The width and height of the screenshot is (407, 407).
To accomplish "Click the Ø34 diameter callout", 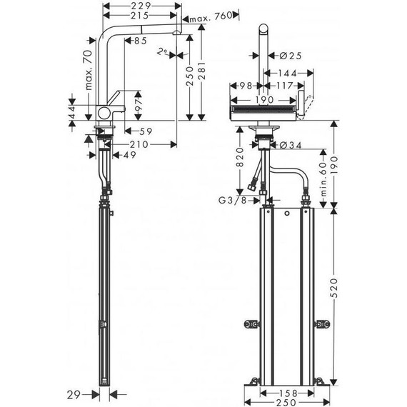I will tap(288, 146).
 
